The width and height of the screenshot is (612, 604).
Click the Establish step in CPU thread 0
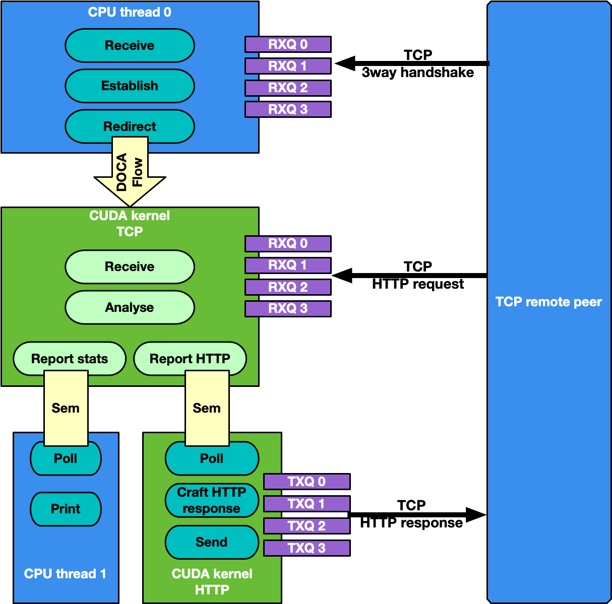[130, 86]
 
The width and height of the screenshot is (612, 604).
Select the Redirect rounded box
[130, 126]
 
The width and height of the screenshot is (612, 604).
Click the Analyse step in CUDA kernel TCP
[130, 307]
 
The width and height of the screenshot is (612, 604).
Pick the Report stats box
[69, 359]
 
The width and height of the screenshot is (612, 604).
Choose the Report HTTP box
[190, 359]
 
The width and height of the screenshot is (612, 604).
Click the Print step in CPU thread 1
[66, 509]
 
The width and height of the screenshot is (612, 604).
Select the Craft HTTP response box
[212, 500]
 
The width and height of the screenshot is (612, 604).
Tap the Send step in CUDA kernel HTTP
[212, 542]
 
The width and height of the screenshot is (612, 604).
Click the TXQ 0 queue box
[307, 482]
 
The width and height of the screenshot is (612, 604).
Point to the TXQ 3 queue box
[307, 548]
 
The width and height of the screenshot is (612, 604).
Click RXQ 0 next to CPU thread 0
[288, 44]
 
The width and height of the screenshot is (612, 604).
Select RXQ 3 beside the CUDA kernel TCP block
[288, 308]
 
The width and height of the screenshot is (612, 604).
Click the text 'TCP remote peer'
[548, 302]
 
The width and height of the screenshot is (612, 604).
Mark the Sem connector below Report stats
[66, 408]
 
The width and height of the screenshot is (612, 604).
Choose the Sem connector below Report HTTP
[207, 408]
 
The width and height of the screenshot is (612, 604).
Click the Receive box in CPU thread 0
[130, 45]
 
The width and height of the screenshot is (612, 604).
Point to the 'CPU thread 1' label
[65, 574]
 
